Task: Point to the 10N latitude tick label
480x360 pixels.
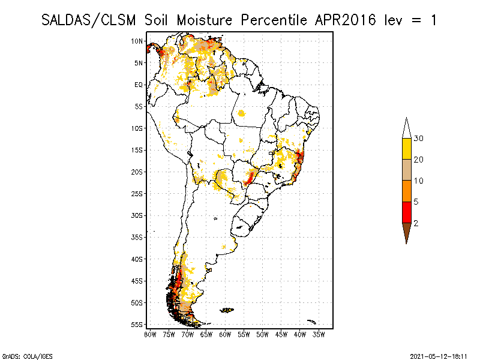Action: click(137, 41)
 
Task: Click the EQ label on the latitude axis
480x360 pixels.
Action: click(139, 85)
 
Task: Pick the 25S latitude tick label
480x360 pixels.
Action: click(137, 193)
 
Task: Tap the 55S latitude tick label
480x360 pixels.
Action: click(137, 324)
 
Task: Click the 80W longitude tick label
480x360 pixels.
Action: click(150, 334)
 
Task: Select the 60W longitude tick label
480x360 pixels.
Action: click(225, 334)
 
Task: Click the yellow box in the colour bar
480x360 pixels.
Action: click(406, 149)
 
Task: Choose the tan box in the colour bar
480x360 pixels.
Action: click(406, 170)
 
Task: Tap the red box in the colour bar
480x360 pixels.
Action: click(406, 212)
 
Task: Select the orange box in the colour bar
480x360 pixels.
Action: click(406, 191)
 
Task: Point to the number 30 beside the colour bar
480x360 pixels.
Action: click(419, 138)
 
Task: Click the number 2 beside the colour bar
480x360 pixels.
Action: click(416, 223)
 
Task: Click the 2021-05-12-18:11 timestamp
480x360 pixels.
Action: click(439, 355)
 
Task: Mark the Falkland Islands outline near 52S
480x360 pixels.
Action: click(226, 310)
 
